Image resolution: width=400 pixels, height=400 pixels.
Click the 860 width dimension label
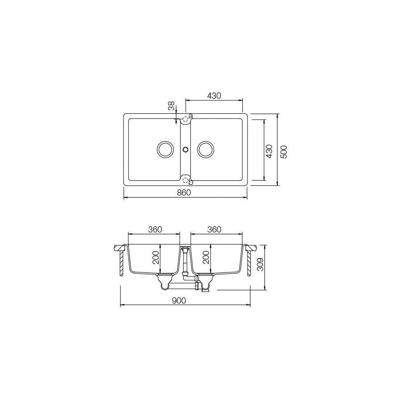[x=184, y=192]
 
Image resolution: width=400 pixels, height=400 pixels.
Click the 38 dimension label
[x=171, y=106]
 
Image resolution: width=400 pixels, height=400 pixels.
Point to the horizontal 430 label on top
[x=214, y=96]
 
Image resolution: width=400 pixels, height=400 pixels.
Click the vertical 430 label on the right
[x=269, y=151]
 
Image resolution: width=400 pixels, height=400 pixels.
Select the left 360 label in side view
[x=154, y=229]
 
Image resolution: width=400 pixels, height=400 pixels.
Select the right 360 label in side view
[x=214, y=229]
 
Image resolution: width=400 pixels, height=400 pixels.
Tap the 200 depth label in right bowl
[x=206, y=257]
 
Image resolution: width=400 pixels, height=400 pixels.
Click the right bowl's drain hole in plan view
[x=206, y=149]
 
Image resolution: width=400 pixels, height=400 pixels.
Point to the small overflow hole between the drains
[x=185, y=149]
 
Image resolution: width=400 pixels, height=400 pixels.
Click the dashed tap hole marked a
[x=186, y=119]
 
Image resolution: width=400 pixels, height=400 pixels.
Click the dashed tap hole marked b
[x=186, y=180]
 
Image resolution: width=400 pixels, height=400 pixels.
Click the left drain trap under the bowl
[x=164, y=280]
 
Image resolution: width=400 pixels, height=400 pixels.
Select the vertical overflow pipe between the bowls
[x=185, y=262]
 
